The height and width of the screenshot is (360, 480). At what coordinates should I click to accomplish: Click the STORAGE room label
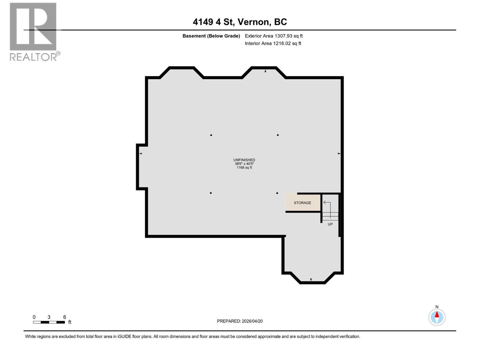(x=302, y=203)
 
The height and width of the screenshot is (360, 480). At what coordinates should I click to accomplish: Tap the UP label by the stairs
(x=330, y=224)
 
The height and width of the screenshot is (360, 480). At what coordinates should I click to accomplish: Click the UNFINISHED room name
(x=244, y=160)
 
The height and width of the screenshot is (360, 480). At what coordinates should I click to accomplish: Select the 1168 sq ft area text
(x=244, y=168)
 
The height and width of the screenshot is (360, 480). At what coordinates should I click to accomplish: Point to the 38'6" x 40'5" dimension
(x=244, y=164)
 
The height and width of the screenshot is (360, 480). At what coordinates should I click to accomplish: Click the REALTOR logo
(x=33, y=31)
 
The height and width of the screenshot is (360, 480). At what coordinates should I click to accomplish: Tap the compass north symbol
(x=437, y=317)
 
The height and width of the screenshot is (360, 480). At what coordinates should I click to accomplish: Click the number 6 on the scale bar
(x=64, y=317)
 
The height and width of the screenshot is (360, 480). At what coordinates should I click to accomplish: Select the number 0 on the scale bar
(x=34, y=317)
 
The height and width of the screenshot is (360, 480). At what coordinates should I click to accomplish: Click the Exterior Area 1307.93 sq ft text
(x=274, y=36)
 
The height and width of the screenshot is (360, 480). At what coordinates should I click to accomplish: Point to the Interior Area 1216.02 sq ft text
(x=273, y=43)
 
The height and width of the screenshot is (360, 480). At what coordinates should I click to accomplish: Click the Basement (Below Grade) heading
(x=211, y=36)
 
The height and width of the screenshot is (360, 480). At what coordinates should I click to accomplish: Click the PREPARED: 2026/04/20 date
(x=240, y=321)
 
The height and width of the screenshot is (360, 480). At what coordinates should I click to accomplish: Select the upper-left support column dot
(x=211, y=135)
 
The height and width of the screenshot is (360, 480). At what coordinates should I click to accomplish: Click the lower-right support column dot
(x=277, y=193)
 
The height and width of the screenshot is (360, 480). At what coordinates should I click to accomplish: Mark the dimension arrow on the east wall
(x=339, y=154)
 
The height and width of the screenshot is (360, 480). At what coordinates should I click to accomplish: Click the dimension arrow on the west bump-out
(x=140, y=154)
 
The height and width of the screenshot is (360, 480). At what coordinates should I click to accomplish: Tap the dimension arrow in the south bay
(x=311, y=280)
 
